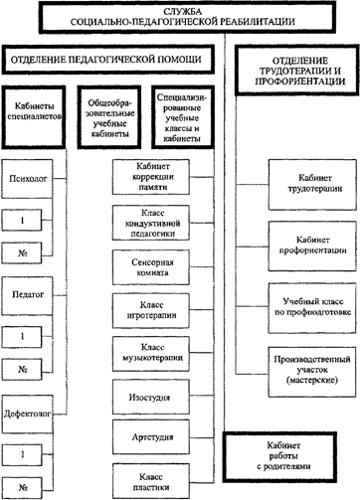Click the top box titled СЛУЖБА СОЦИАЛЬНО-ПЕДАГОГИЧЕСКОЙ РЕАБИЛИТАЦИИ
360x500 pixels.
coord(179,18)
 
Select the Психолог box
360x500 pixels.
coord(29,183)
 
